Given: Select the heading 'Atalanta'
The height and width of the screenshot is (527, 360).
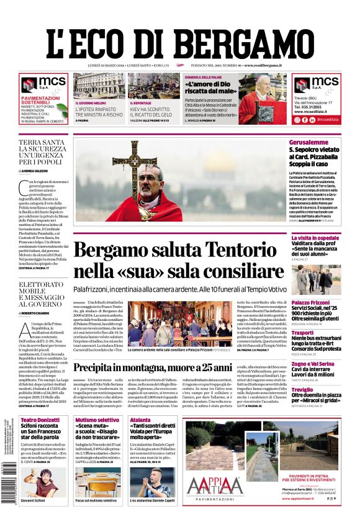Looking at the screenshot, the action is point(140,420).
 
